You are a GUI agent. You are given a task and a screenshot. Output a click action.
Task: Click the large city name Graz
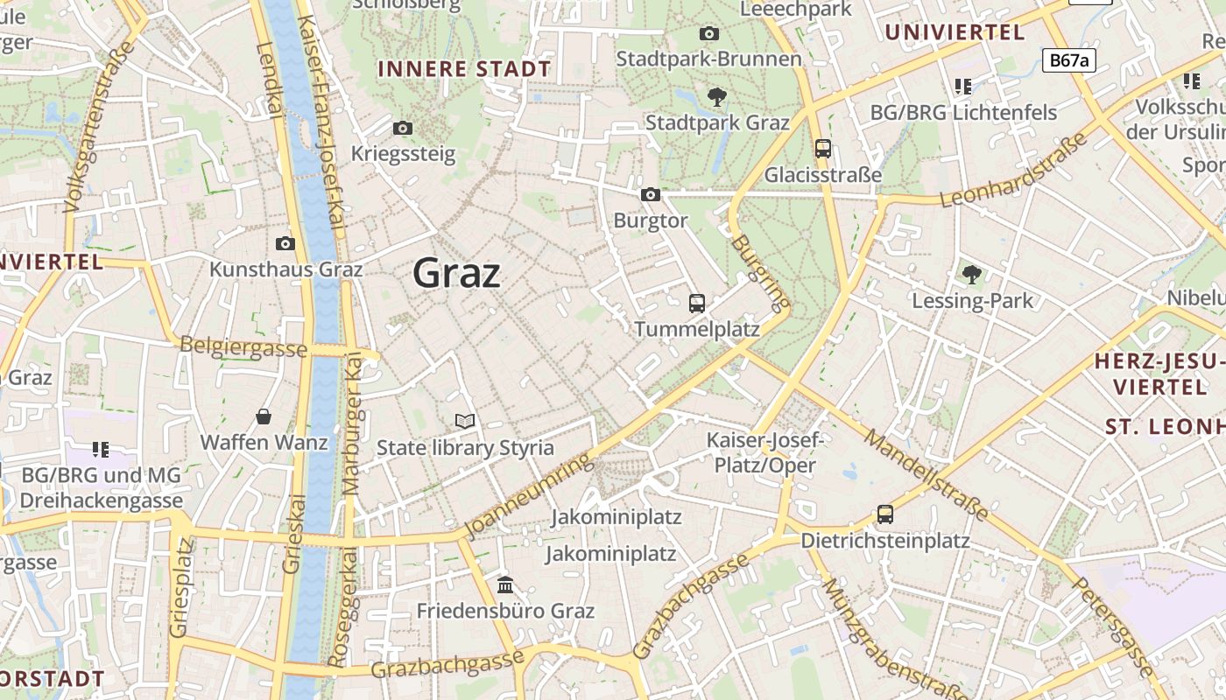click(x=456, y=273)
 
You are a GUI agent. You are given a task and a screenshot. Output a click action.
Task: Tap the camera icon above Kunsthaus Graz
click(x=285, y=243)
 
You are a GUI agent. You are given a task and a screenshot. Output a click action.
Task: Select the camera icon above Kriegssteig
click(x=403, y=128)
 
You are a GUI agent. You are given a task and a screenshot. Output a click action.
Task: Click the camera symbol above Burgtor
click(x=651, y=194)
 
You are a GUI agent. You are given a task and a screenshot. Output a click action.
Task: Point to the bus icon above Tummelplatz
click(x=697, y=304)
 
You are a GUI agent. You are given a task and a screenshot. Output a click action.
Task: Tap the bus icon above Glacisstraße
click(x=823, y=149)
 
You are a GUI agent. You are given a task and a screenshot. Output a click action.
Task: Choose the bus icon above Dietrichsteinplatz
click(x=885, y=514)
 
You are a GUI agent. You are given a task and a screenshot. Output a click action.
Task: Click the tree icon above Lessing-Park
click(x=972, y=275)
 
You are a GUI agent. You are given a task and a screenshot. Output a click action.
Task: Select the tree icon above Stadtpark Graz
click(x=717, y=96)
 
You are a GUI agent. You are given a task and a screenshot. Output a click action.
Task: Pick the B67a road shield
click(x=1069, y=59)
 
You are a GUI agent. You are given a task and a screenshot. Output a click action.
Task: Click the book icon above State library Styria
click(x=465, y=422)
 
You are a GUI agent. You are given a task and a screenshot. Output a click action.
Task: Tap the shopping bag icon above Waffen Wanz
click(x=264, y=416)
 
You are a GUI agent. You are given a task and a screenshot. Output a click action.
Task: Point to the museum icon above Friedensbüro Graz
click(x=505, y=584)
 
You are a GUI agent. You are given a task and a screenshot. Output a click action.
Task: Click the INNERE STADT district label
click(x=464, y=69)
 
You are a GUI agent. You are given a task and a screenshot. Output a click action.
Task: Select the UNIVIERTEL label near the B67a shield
click(x=955, y=33)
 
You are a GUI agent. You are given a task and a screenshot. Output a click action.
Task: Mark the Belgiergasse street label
click(x=243, y=347)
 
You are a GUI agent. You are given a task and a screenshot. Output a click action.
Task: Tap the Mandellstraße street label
click(x=926, y=473)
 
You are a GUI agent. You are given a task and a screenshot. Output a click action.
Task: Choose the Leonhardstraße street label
click(x=1013, y=170)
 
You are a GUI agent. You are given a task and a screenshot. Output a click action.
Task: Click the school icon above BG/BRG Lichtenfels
click(x=963, y=86)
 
